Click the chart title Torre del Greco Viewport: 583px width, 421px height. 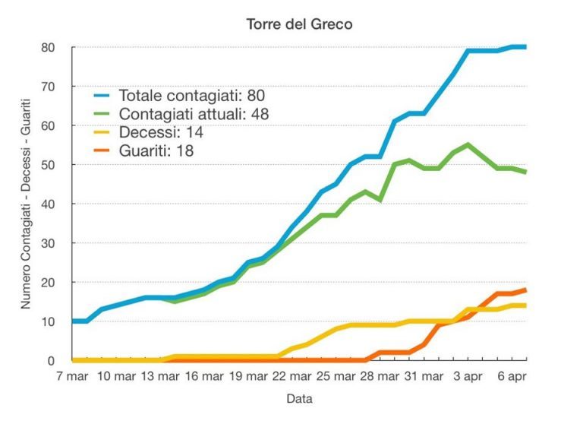point(299,24)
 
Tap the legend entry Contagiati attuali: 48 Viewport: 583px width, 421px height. point(194,114)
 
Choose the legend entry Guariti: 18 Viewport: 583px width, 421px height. point(156,150)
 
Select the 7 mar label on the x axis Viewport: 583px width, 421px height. point(73,376)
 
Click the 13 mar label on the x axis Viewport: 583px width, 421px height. point(159,376)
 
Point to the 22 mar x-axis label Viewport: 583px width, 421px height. point(291,376)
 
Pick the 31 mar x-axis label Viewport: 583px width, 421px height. point(422,376)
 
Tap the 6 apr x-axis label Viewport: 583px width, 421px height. point(511,376)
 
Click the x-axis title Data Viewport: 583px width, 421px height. point(299,398)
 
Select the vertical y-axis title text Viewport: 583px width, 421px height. point(26,204)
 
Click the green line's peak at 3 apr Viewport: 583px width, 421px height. point(468,144)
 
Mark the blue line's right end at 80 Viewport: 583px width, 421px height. point(525,47)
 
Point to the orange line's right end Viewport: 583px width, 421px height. point(525,290)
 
